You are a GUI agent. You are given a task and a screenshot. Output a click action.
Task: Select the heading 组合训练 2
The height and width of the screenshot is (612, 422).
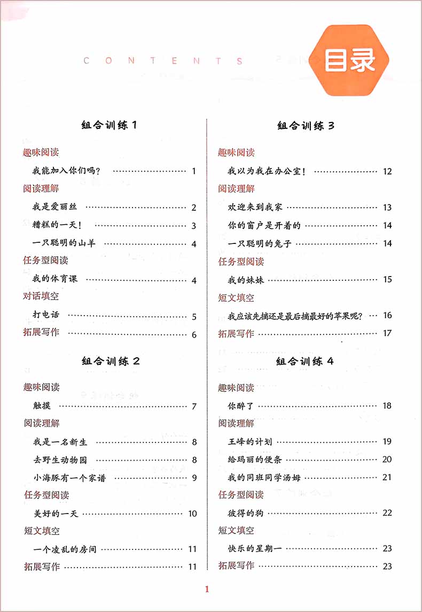[111, 361]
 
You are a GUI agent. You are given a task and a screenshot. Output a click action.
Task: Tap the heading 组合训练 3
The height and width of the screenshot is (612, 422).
[306, 126]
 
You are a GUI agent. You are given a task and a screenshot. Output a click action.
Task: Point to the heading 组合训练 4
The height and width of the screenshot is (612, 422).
[305, 362]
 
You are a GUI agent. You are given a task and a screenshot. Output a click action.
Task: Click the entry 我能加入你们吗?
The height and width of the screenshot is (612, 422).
[67, 171]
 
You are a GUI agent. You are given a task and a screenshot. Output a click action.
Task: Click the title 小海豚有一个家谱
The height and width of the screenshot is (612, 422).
[69, 478]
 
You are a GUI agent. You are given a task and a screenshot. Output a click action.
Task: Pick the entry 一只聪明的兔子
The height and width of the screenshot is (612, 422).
[260, 243]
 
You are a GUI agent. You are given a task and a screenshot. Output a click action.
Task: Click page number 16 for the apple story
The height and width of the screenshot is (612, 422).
[387, 315]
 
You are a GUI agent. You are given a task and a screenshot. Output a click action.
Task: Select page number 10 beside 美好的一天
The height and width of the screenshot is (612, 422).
[192, 514]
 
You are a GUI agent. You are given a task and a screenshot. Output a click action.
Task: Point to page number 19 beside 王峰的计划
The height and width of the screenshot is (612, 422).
[387, 442]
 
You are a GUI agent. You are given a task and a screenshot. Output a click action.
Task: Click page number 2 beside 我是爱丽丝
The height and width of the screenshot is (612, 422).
[194, 208]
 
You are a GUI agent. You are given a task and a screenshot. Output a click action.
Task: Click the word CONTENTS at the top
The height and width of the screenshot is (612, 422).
[163, 61]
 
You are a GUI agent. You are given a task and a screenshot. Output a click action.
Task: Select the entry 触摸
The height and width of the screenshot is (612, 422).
[42, 406]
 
